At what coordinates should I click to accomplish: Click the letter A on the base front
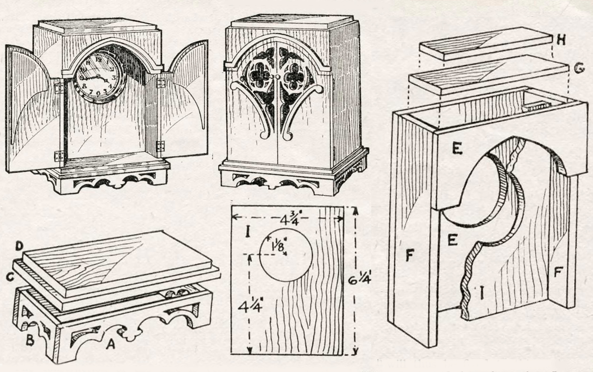(110, 345)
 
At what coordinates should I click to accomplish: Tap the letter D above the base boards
(19, 247)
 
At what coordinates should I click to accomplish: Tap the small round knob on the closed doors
(278, 77)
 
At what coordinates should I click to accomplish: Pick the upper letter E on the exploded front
(457, 149)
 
